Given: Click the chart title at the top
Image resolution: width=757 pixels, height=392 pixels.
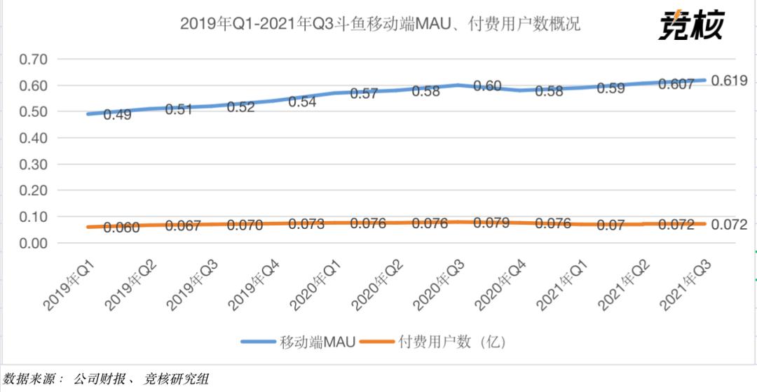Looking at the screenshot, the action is tap(380, 24).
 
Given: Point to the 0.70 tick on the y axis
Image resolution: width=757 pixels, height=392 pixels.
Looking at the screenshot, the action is tap(34, 59).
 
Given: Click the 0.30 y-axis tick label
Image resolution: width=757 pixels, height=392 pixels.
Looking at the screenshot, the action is tap(34, 164).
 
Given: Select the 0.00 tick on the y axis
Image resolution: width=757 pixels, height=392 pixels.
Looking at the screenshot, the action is tap(34, 243).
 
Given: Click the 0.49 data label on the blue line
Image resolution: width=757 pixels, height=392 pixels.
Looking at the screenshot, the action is tap(117, 114).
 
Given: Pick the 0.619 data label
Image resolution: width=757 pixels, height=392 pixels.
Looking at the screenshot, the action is tap(729, 80).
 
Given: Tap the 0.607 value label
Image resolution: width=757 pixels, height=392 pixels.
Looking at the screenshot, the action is tap(676, 84).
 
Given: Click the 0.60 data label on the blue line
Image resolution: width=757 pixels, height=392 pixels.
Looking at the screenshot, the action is tap(487, 86).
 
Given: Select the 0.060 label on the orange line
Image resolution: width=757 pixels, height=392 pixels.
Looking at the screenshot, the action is tap(121, 227).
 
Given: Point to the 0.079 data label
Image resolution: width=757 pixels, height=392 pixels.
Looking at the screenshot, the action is tap(491, 223).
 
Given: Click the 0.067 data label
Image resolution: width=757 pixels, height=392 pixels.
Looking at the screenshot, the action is tap(182, 225).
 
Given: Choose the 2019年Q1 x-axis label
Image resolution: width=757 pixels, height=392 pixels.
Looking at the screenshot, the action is tap(69, 286).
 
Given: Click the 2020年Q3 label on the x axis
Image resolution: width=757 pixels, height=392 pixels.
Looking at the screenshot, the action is tap(439, 286).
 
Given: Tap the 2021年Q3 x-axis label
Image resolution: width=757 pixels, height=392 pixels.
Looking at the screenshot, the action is tap(686, 286).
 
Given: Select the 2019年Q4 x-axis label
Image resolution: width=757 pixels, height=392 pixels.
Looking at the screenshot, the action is tap(254, 286).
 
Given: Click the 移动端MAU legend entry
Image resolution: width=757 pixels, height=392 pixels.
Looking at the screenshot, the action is tap(298, 342).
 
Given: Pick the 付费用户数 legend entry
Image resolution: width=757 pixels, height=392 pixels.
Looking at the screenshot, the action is tap(433, 342).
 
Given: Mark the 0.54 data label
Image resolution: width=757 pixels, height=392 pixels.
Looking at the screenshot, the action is tap(302, 101).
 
